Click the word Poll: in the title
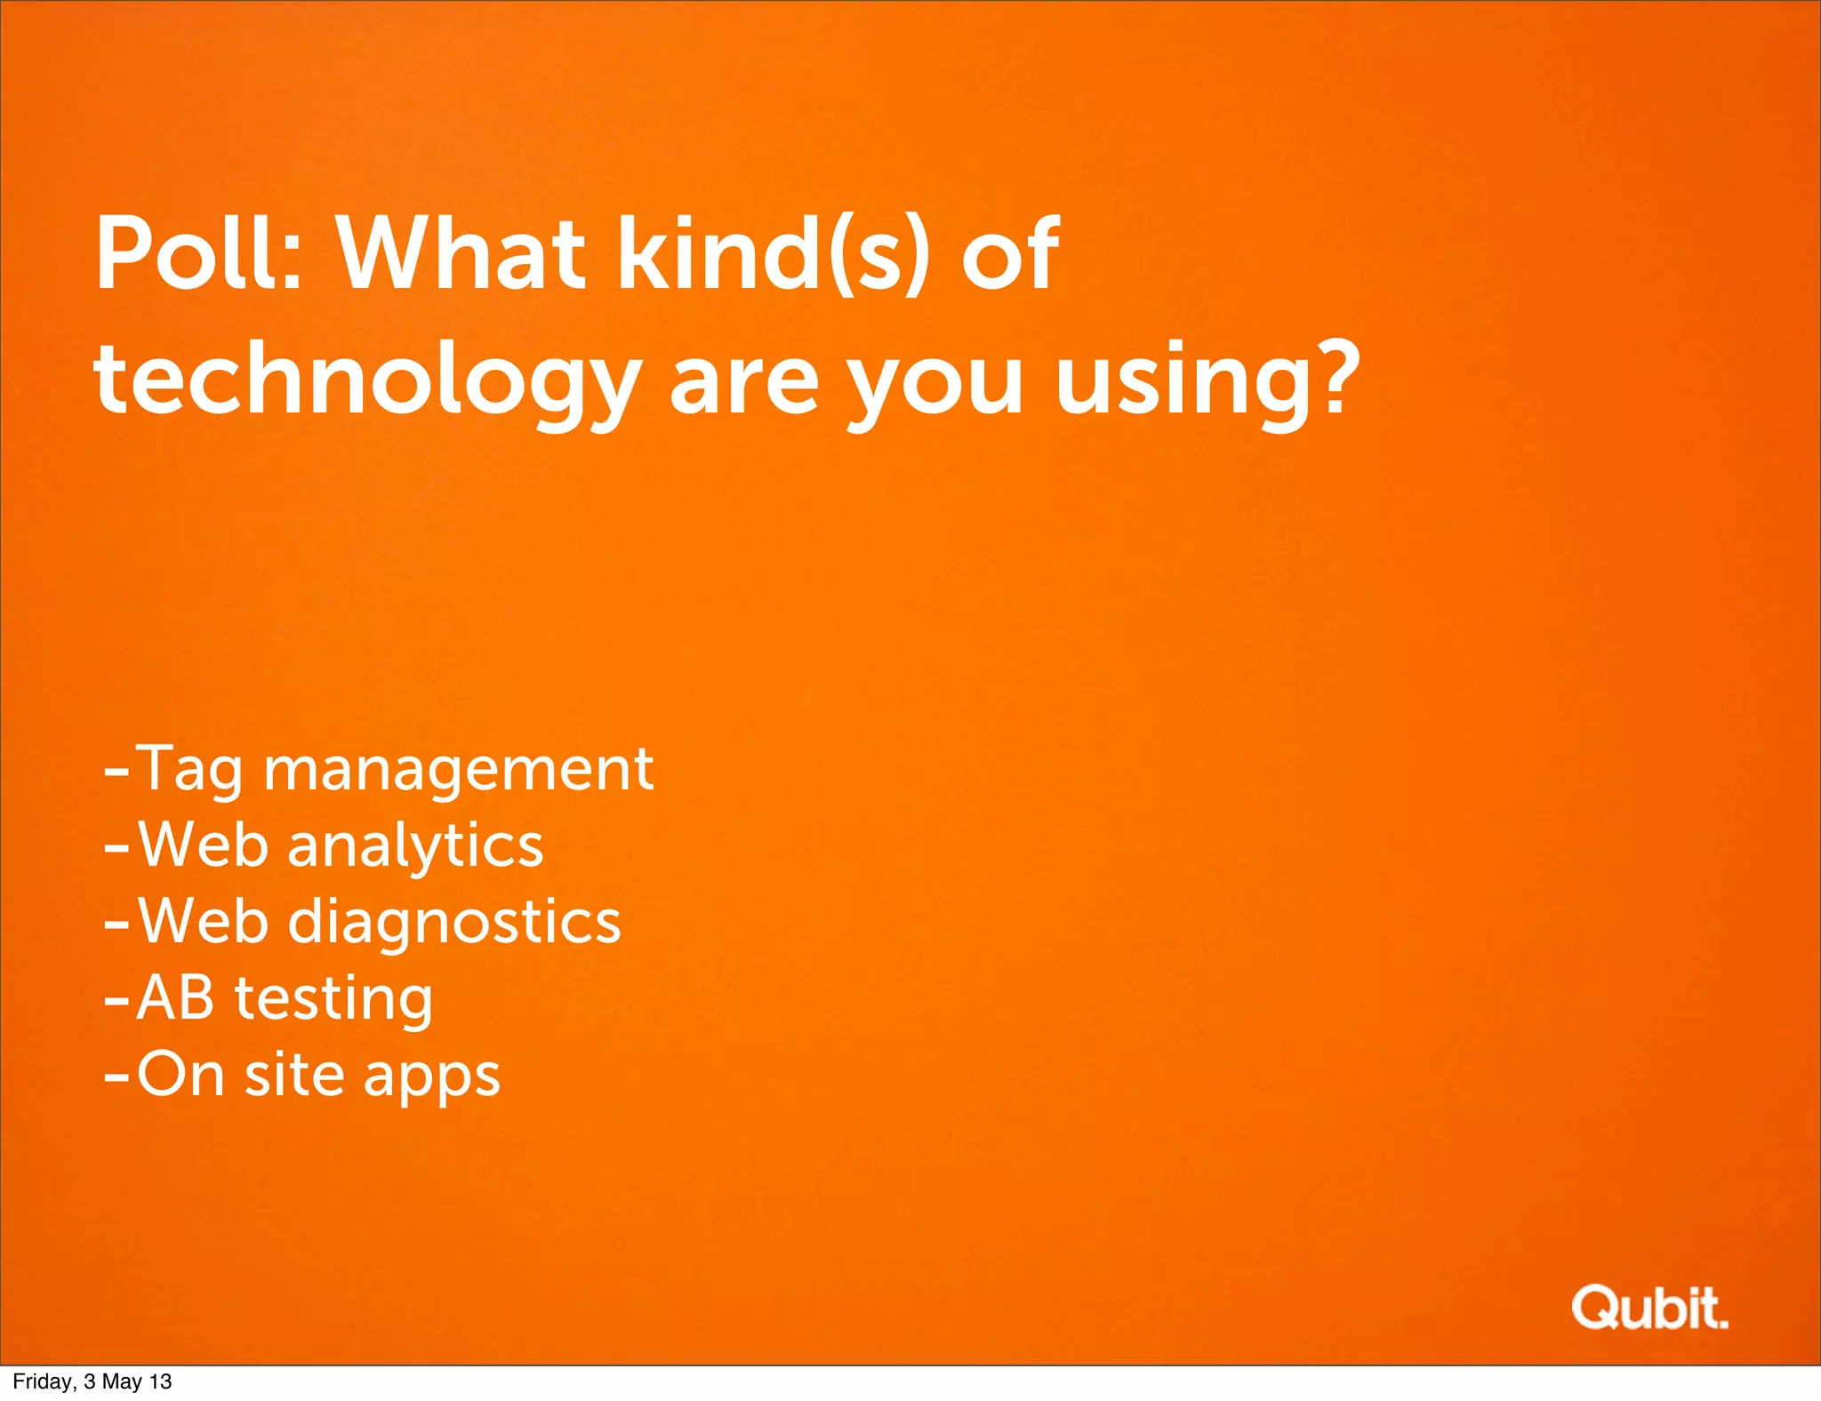(x=199, y=254)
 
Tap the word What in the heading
(x=461, y=254)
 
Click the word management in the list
(x=458, y=770)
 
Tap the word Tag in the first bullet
(x=190, y=770)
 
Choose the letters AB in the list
(x=175, y=997)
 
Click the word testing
(x=333, y=1001)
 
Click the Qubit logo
(x=1649, y=1308)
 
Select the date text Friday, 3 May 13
(x=92, y=1381)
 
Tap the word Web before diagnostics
(x=203, y=921)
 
